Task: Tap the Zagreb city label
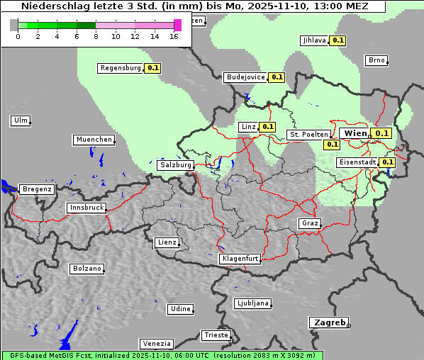(x=328, y=322)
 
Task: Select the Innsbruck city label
(x=86, y=208)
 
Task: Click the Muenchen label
(x=94, y=140)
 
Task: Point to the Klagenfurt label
(x=240, y=259)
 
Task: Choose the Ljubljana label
(x=252, y=303)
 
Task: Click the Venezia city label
(x=155, y=343)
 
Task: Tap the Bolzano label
(x=87, y=269)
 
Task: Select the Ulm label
(x=20, y=120)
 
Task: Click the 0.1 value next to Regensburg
(x=152, y=69)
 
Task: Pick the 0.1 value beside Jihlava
(x=338, y=40)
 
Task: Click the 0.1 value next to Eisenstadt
(x=387, y=162)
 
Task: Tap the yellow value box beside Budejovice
(x=277, y=77)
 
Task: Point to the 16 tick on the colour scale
(x=174, y=35)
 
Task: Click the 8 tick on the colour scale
(x=96, y=35)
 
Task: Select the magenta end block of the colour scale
(x=177, y=25)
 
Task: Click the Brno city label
(x=376, y=60)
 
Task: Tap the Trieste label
(x=216, y=334)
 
